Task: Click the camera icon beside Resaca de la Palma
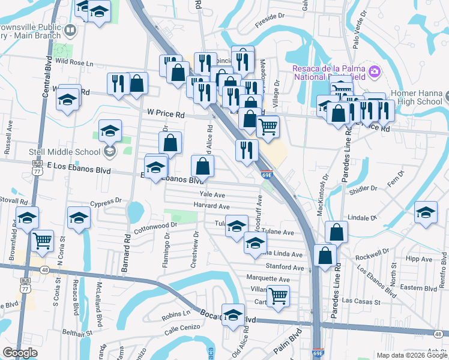click(x=375, y=72)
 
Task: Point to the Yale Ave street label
click(x=212, y=195)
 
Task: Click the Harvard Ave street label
click(x=212, y=206)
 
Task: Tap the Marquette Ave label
click(x=268, y=279)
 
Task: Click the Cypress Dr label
click(x=106, y=202)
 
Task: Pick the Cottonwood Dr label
click(x=156, y=226)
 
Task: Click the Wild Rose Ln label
click(x=74, y=63)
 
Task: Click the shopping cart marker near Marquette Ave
click(x=278, y=295)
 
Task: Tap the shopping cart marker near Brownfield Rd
click(x=42, y=241)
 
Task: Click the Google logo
click(x=20, y=353)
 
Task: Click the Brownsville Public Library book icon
click(x=70, y=29)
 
